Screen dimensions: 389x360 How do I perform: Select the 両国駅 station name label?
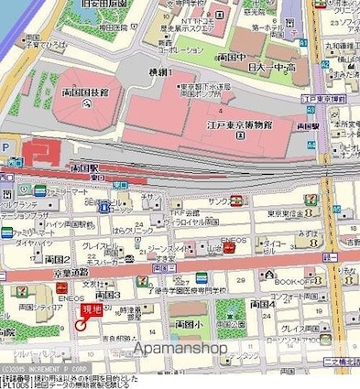click(83, 170)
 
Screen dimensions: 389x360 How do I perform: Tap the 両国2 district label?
click(58, 260)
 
